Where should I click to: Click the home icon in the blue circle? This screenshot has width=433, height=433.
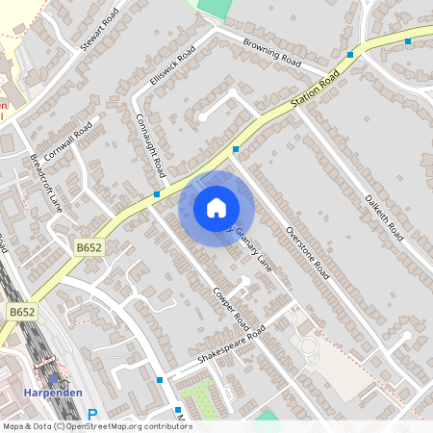click(216, 207)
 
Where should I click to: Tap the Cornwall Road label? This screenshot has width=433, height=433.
click(67, 141)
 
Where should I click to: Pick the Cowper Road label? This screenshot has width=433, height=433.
click(232, 308)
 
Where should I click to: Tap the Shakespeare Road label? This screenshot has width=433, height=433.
click(231, 344)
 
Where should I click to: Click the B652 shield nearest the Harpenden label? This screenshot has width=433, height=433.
click(22, 313)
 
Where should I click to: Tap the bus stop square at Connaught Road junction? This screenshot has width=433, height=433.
click(156, 193)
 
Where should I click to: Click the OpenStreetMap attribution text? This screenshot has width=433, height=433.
click(96, 425)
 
